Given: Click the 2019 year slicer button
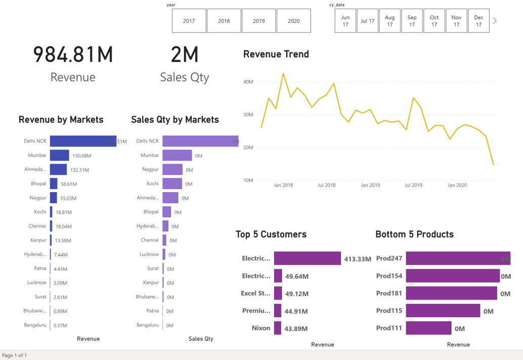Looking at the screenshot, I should [258, 21].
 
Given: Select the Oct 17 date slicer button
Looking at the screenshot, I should [434, 21].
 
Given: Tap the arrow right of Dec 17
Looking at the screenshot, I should [495, 21].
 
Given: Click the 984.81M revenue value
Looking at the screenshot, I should [73, 55].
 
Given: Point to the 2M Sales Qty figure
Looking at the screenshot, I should [184, 55].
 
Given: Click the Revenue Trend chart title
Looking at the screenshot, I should [276, 54].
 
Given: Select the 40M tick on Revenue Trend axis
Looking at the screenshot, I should [248, 81].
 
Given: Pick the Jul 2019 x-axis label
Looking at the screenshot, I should [413, 185].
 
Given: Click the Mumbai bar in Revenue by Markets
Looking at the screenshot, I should [59, 155].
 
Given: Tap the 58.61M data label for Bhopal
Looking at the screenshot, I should [68, 184].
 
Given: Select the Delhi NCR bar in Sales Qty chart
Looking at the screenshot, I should [200, 141].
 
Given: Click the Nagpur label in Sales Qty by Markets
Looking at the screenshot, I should [150, 169].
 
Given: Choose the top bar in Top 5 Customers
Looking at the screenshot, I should [307, 258].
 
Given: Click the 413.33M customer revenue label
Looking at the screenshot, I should [358, 259].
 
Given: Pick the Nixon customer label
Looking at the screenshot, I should [261, 328].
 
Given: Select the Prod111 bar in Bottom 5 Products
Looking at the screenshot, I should [428, 328].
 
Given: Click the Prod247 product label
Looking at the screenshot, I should [389, 258].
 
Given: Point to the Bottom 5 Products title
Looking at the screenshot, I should [414, 234].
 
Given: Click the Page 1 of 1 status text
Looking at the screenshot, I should [14, 355].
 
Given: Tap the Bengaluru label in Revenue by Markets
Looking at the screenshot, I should [35, 325].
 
